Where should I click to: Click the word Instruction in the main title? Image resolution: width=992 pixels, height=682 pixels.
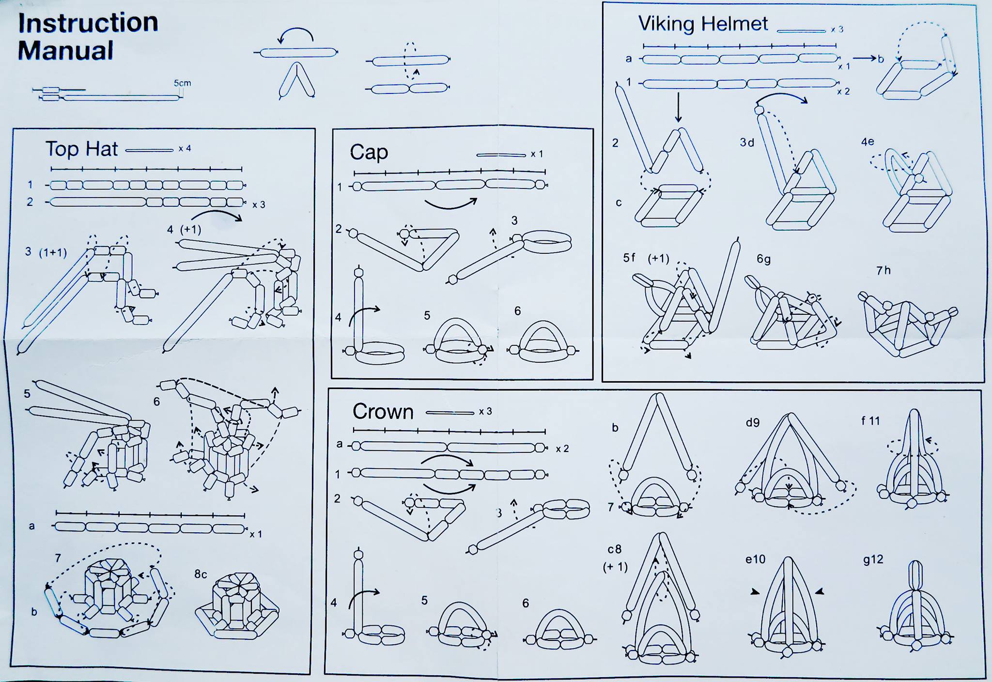tap(88, 23)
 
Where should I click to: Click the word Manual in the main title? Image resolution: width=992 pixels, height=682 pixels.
tap(65, 50)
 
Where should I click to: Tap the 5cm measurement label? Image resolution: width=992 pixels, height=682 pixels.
tap(182, 83)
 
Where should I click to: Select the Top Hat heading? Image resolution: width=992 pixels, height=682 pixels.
tap(81, 149)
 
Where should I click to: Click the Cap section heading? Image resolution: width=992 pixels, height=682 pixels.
tap(369, 153)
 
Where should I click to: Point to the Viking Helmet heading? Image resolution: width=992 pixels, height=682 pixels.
tap(703, 24)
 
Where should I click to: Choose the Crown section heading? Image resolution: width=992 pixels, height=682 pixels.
tap(383, 412)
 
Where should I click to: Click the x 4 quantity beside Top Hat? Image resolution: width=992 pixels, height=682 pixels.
tap(185, 149)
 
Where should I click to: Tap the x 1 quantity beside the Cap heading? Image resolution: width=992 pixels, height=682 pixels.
tap(537, 154)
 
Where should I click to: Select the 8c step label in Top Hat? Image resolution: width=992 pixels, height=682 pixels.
tap(201, 574)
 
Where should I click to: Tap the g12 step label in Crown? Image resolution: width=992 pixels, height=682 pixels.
tap(873, 559)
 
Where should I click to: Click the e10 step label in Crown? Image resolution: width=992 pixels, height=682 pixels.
tap(755, 559)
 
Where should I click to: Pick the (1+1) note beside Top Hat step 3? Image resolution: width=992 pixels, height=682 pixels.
tap(53, 252)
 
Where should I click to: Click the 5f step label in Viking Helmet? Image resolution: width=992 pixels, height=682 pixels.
tap(629, 258)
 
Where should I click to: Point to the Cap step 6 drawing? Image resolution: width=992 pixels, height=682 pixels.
tap(542, 341)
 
